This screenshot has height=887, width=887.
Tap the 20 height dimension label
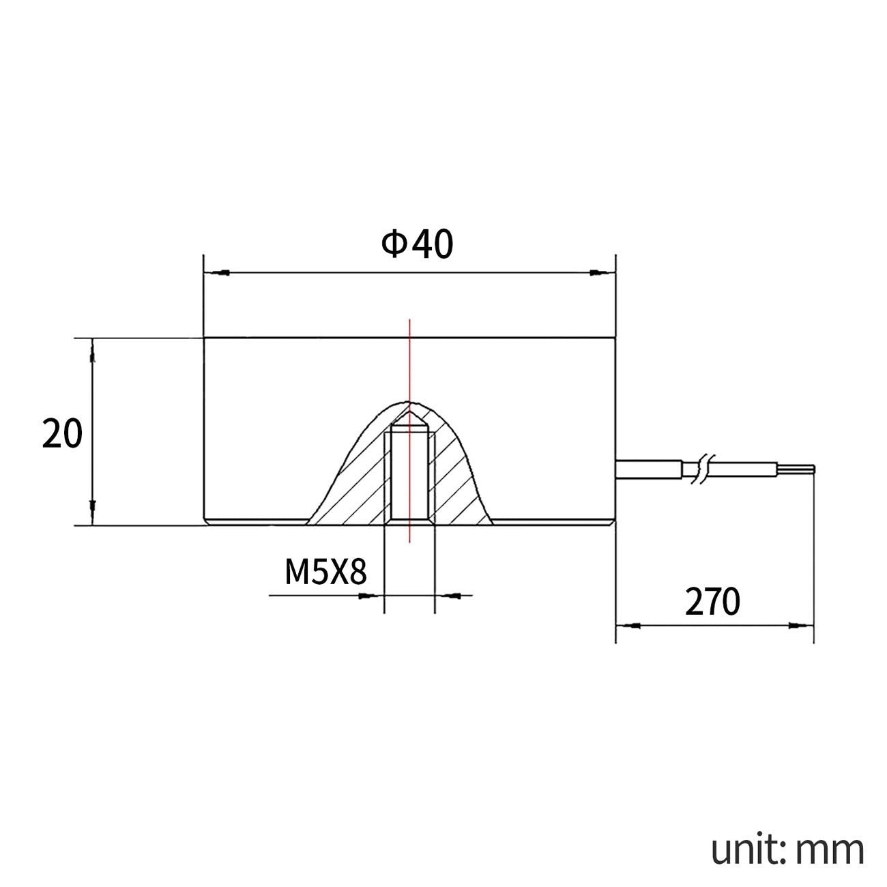pyautogui.click(x=62, y=433)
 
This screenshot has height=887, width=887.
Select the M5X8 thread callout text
pyautogui.click(x=325, y=572)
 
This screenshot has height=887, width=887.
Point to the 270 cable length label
pyautogui.click(x=712, y=602)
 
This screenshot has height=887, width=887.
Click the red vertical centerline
pyautogui.click(x=409, y=431)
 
